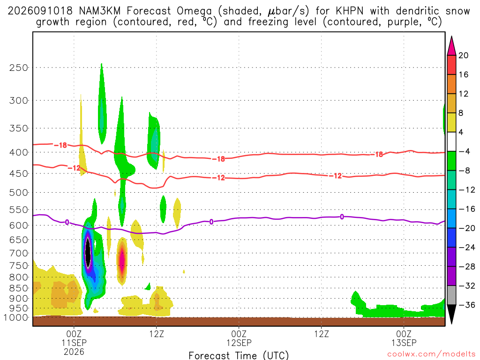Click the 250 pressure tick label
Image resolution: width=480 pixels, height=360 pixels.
19,67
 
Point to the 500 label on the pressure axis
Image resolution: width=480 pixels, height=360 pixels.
19,193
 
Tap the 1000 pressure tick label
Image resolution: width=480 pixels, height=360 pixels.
16,318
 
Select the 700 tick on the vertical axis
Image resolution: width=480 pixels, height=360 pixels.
19,253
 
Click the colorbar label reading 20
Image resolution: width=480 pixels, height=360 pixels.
464,55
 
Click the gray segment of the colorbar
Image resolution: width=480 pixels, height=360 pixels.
451,295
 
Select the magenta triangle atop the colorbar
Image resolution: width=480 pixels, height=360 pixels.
451,46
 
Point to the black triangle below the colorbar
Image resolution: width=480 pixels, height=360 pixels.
451,314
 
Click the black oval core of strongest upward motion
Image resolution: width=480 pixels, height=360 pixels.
88,254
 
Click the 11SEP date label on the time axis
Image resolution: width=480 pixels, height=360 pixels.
74,343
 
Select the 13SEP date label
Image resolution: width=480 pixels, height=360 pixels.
404,343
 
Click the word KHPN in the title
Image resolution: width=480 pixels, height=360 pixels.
350,11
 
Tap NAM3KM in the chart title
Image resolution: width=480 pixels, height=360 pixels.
100,11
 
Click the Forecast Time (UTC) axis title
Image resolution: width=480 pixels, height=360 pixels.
239,355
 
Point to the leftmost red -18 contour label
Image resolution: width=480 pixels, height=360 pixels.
60,145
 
